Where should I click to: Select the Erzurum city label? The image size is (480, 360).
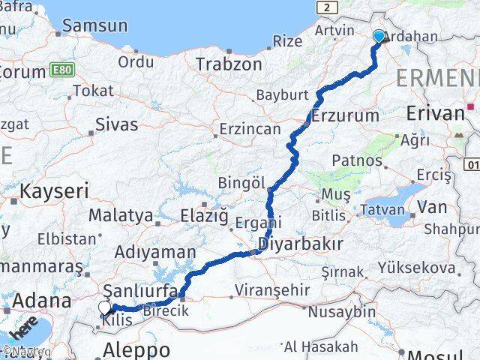[x=345, y=115]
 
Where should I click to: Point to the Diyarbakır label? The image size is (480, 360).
[x=301, y=244]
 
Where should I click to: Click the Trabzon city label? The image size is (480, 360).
[x=229, y=64]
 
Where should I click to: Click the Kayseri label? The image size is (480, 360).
[x=54, y=190]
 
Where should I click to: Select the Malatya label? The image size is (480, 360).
[x=121, y=215]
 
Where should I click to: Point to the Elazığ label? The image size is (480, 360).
[x=204, y=216]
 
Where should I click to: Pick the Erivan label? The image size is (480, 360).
[x=435, y=113]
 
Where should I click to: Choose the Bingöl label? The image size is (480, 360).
[x=242, y=183]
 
